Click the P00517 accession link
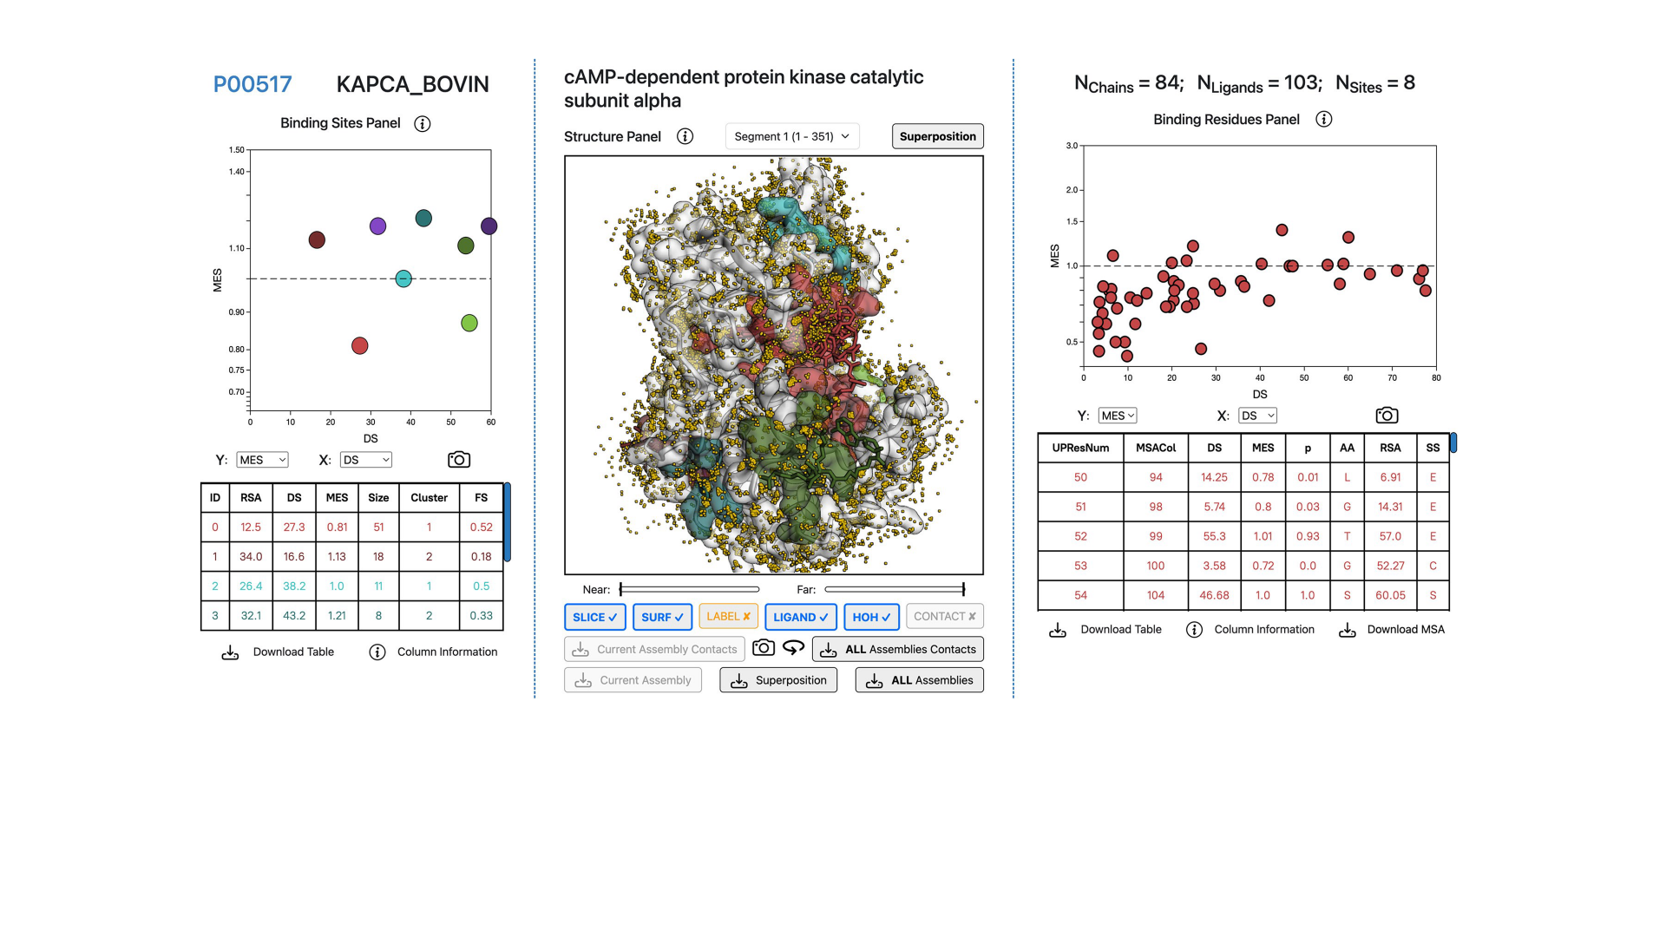point(253,84)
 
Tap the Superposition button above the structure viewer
point(937,136)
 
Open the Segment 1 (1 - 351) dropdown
point(791,136)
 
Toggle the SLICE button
point(594,617)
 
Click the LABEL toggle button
point(728,616)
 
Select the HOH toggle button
point(871,617)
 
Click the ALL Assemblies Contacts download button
point(898,649)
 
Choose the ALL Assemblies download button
point(920,680)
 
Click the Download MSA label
point(1406,629)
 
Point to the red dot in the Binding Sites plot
point(360,346)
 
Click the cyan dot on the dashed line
point(403,278)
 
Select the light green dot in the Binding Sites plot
point(469,324)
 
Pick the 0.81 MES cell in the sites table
point(337,527)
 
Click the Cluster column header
point(429,497)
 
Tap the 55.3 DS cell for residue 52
point(1214,536)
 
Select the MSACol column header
point(1156,448)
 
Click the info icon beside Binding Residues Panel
point(1323,120)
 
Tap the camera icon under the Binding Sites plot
point(459,460)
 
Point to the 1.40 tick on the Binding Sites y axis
point(237,172)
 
